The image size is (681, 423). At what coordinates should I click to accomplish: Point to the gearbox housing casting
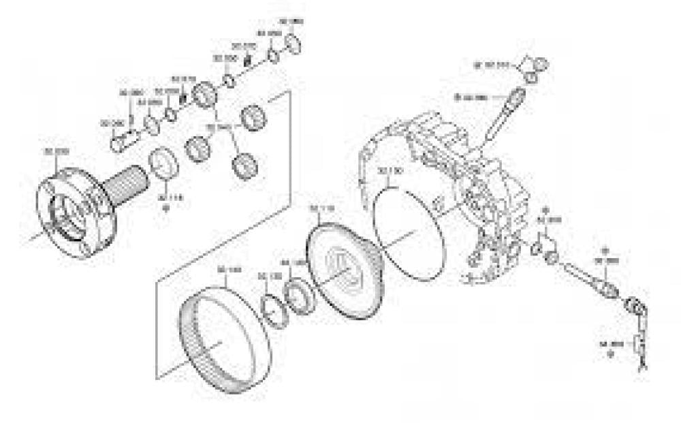point(456,184)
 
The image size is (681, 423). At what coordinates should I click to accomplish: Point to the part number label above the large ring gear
point(228,270)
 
